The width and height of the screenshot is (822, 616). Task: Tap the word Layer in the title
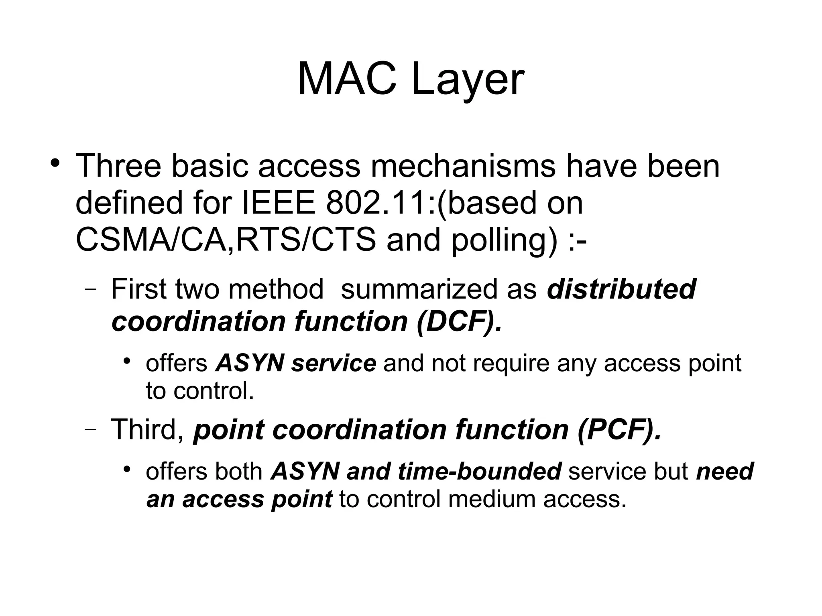467,80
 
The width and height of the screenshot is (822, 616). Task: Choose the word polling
504,241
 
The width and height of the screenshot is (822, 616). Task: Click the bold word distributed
621,289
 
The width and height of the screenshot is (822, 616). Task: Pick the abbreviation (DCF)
459,322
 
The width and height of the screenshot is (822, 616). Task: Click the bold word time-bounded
479,471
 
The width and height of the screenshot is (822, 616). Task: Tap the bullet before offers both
127,468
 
